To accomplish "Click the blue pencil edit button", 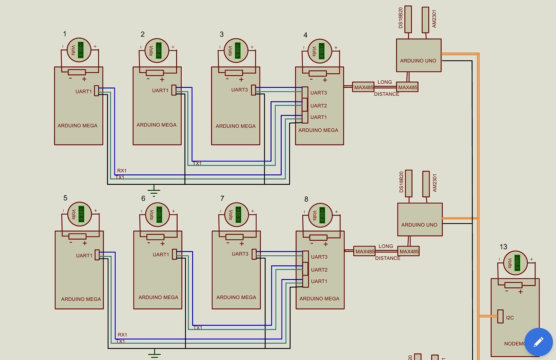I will point(539,342).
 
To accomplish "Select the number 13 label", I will point(503,247).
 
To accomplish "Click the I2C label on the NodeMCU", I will point(510,318).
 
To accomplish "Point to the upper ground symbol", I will point(154,190).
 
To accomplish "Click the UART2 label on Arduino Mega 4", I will point(318,106).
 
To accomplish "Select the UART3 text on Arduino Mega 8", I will point(319,257).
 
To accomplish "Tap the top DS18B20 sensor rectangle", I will point(408,19).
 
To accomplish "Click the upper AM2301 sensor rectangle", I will point(425,20).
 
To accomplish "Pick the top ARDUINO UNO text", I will point(418,61).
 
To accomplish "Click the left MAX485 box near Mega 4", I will point(363,87).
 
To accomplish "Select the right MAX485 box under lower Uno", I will point(409,252).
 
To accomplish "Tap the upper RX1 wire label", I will point(122,171).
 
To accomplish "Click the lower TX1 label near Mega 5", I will point(120,341).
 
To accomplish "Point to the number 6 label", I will point(143,198).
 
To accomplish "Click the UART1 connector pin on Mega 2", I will point(174,90).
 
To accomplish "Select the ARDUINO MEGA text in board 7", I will point(236,297).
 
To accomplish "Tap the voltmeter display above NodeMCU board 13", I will point(515,262).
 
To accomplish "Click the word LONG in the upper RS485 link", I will point(384,82).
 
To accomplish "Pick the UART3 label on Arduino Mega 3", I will point(239,90).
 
